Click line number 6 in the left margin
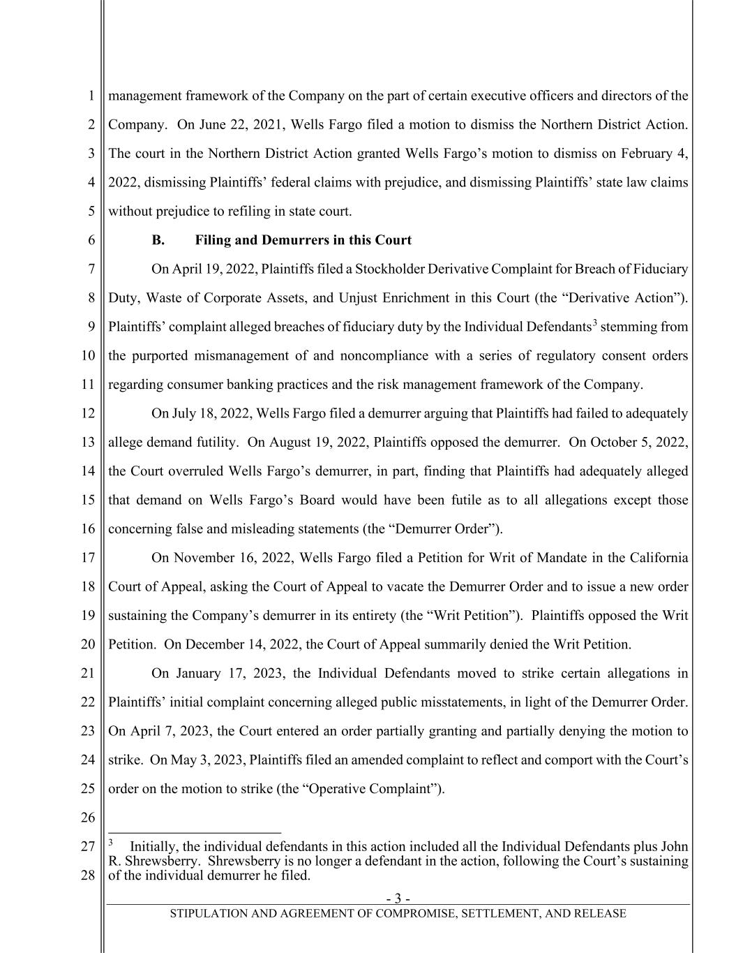pyautogui.click(x=91, y=240)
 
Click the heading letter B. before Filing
pyautogui.click(x=158, y=240)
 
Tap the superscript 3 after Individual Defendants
pyautogui.click(x=594, y=323)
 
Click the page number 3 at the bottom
pyautogui.click(x=398, y=899)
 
